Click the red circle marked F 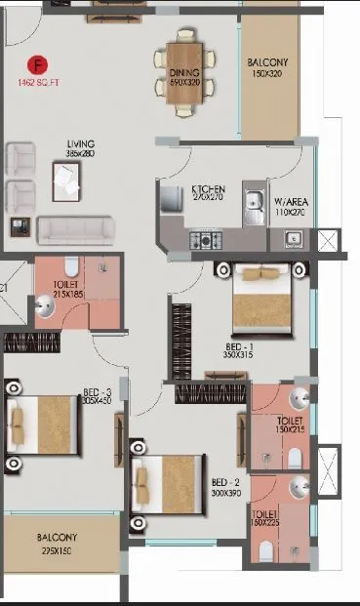coord(39,65)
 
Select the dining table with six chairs coord(185,66)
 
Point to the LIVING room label coord(80,147)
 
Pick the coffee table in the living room coord(66,180)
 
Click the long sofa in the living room coord(71,230)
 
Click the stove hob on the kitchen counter coord(206,239)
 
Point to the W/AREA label coord(290,199)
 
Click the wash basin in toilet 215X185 coord(45,308)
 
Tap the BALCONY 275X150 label coord(58,543)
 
